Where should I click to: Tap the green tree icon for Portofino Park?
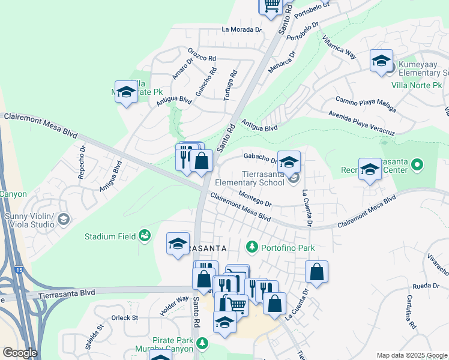[x=252, y=247]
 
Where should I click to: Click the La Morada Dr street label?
[x=242, y=29]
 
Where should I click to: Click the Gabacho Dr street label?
[x=259, y=157]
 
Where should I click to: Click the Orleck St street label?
[x=125, y=317]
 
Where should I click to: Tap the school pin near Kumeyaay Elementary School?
[x=381, y=61]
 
